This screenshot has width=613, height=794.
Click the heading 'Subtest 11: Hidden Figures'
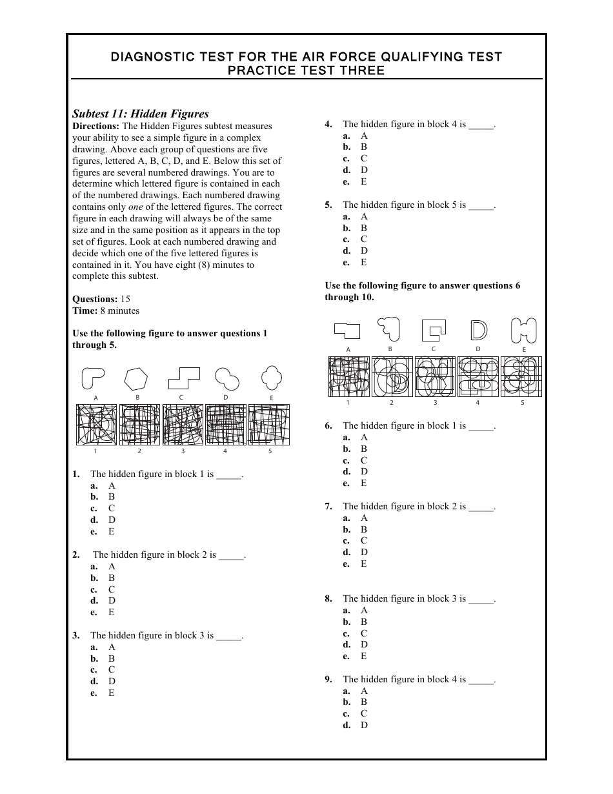pyautogui.click(x=140, y=114)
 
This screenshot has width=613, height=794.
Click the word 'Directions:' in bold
pyautogui.click(x=95, y=126)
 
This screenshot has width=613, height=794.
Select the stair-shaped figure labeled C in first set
pyautogui.click(x=183, y=378)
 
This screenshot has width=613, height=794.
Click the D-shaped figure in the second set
pyautogui.click(x=478, y=330)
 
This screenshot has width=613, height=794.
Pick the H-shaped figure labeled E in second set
pyautogui.click(x=523, y=330)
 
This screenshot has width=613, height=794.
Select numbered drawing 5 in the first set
pyautogui.click(x=268, y=425)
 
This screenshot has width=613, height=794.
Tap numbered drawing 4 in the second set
pyautogui.click(x=478, y=376)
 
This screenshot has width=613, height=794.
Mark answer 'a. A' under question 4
pyautogui.click(x=356, y=136)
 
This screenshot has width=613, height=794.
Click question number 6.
pyautogui.click(x=328, y=425)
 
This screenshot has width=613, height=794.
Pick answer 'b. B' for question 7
pyautogui.click(x=356, y=529)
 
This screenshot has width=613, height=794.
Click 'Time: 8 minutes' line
pyautogui.click(x=106, y=310)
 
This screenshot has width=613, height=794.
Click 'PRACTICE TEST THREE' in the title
pyautogui.click(x=306, y=71)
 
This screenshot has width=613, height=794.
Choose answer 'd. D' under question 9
pyautogui.click(x=356, y=725)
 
